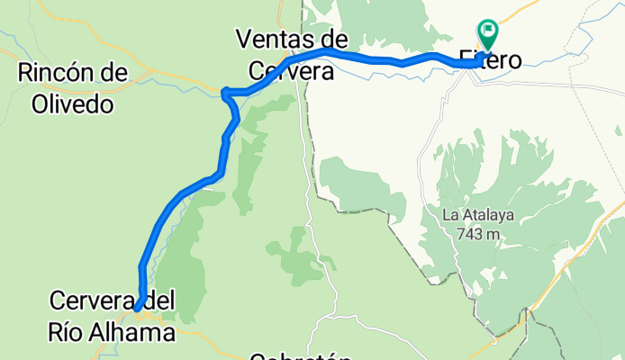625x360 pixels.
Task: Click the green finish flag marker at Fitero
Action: pyautogui.click(x=489, y=33)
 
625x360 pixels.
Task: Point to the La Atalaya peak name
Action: pyautogui.click(x=476, y=216)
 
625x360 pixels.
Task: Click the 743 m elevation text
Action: pyautogui.click(x=477, y=234)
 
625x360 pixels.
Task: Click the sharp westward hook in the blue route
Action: pyautogui.click(x=225, y=91)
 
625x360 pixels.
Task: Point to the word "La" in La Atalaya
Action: pyautogui.click(x=450, y=216)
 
